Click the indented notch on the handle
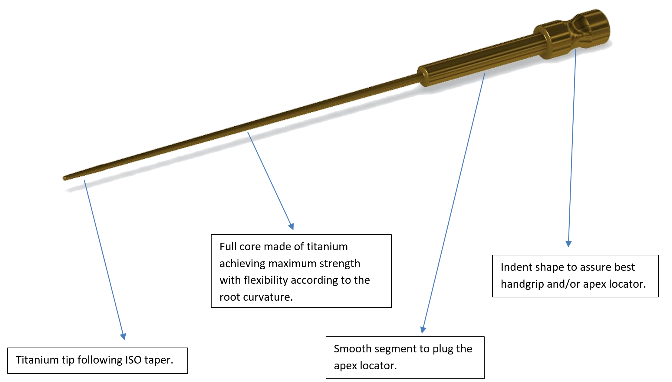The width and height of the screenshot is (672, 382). (578, 26)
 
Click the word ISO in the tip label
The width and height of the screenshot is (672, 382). (133, 360)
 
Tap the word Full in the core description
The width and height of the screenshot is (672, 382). (228, 247)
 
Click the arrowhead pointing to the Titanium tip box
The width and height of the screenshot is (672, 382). (123, 336)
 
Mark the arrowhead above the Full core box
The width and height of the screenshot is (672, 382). (291, 226)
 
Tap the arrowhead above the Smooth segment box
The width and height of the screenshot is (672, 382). (423, 330)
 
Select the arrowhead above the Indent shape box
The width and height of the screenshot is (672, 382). (568, 244)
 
